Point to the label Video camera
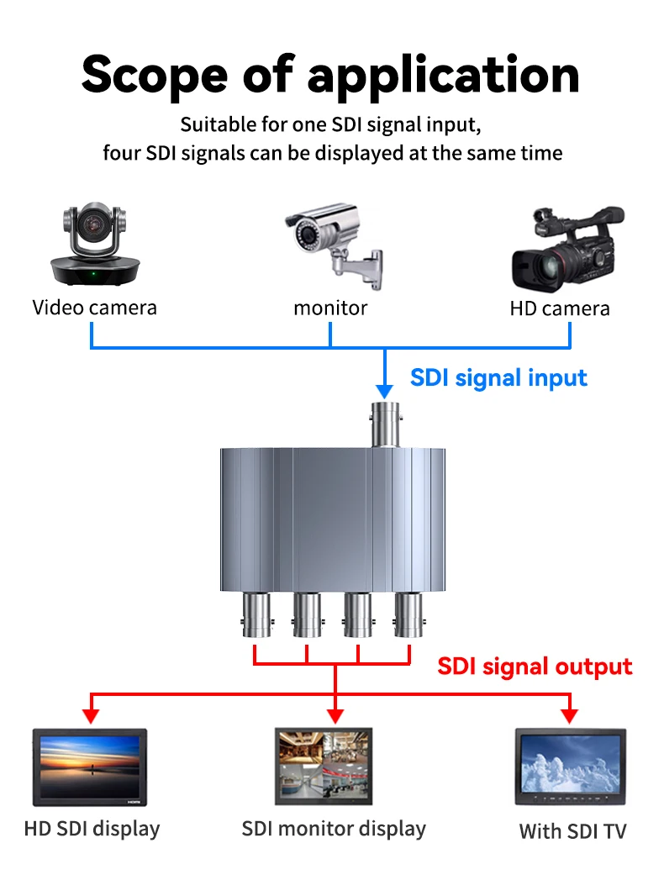94,308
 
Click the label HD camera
559,308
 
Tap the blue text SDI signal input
498,377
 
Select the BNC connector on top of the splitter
384,424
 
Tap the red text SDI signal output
535,667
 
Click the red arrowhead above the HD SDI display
91,716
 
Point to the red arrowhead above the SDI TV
570,716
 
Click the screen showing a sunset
90,767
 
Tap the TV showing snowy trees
570,767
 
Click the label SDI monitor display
334,829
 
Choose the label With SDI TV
572,832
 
